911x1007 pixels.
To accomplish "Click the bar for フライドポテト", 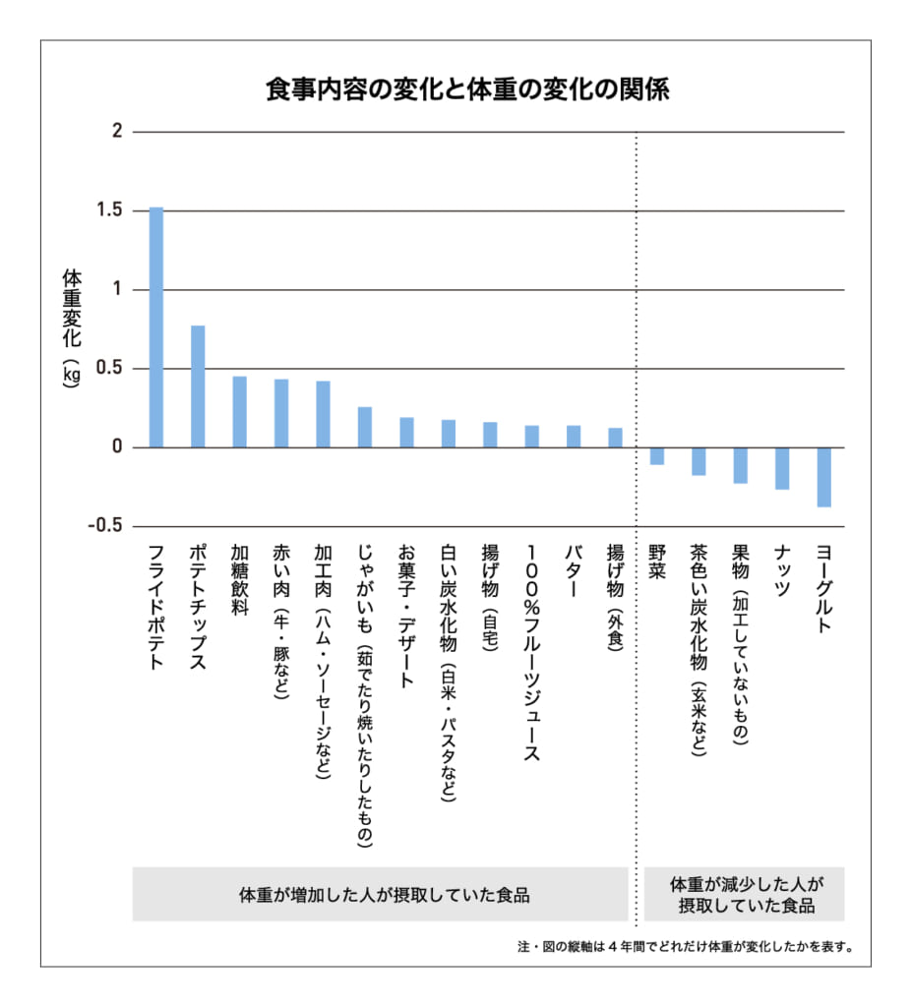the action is pos(156,327).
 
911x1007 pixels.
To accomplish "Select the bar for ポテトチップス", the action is pos(198,386).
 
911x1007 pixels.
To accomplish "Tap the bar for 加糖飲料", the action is pos(240,412).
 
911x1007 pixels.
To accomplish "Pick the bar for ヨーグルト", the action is pos(823,477).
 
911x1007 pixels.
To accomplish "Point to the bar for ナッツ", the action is pos(782,469).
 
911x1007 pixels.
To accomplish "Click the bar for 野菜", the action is pos(656,456).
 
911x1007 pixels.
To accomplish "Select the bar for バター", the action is pos(574,437).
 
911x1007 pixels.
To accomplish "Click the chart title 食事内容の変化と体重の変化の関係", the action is pos(467,89).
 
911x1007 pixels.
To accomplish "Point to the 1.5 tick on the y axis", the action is pos(109,210).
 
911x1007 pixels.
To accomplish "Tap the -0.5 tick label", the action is pos(104,525).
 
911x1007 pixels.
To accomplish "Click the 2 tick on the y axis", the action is pos(117,131).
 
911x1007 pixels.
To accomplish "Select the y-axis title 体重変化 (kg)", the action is pos(71,328).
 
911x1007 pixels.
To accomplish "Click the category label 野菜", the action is pos(656,562).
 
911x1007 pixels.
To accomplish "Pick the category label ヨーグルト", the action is pos(823,589).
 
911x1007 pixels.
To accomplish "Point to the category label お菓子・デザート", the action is pos(406,617).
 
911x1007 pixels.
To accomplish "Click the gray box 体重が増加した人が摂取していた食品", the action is pos(381,894).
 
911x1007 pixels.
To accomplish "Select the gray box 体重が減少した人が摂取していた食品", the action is pos(745,894).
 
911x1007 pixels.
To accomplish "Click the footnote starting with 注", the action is pos(686,947).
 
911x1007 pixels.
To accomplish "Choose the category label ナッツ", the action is pos(782,571).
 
